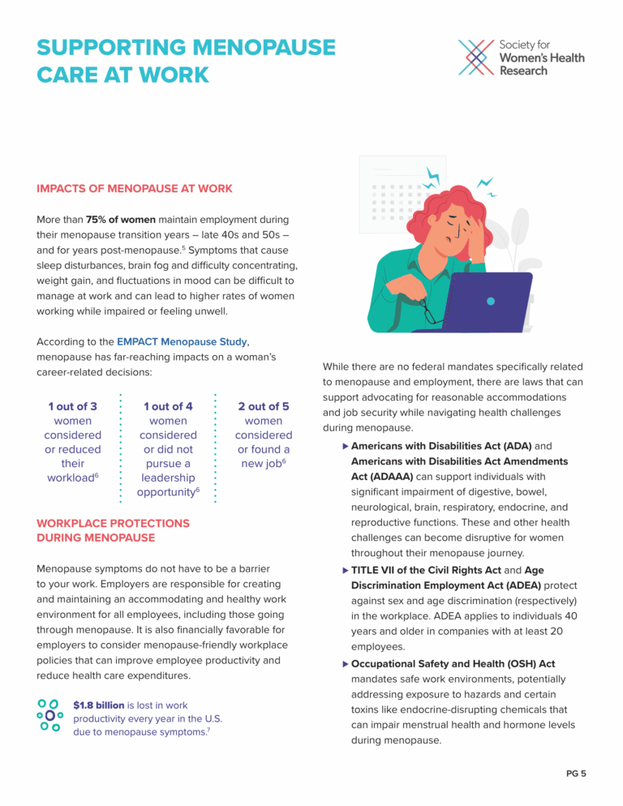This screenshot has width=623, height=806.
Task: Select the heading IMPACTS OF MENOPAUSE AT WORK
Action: click(x=135, y=189)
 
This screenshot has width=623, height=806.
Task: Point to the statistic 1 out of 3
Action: click(x=72, y=406)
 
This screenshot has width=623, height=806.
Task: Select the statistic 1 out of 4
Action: click(x=168, y=406)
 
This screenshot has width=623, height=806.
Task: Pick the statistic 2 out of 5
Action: click(x=264, y=406)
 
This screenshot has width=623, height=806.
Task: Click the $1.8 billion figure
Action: click(x=98, y=705)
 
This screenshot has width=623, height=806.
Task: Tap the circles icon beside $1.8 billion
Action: click(x=50, y=715)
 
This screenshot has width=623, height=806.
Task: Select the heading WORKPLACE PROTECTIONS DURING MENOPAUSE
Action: click(x=113, y=530)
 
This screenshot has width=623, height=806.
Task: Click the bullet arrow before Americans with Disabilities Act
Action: click(x=345, y=446)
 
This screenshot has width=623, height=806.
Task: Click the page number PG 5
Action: click(x=576, y=773)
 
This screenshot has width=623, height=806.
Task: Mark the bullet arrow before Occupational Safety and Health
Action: click(x=345, y=664)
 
